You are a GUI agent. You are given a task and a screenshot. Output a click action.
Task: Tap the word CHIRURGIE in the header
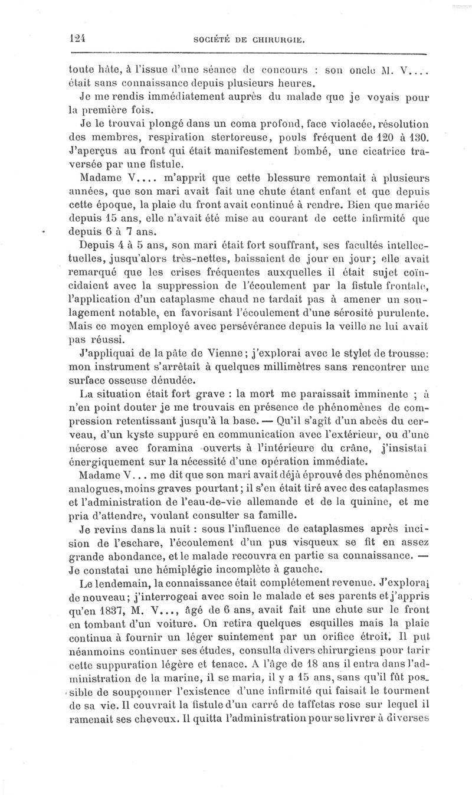tap(280, 40)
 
